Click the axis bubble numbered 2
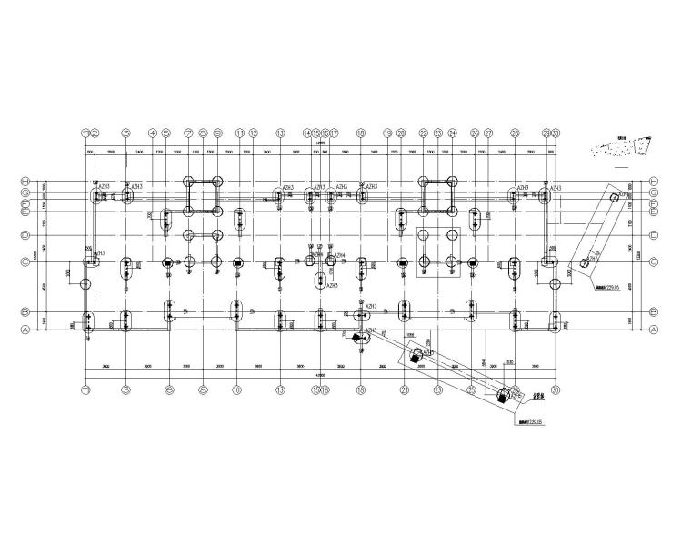tap(95, 133)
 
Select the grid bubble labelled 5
tap(166, 133)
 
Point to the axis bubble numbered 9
tap(217, 133)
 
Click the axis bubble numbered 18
tap(362, 133)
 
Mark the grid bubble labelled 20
tap(401, 133)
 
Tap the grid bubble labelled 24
tap(452, 133)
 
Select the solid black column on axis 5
tap(167, 263)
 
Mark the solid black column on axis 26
tap(473, 264)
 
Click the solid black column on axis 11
tap(238, 263)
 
